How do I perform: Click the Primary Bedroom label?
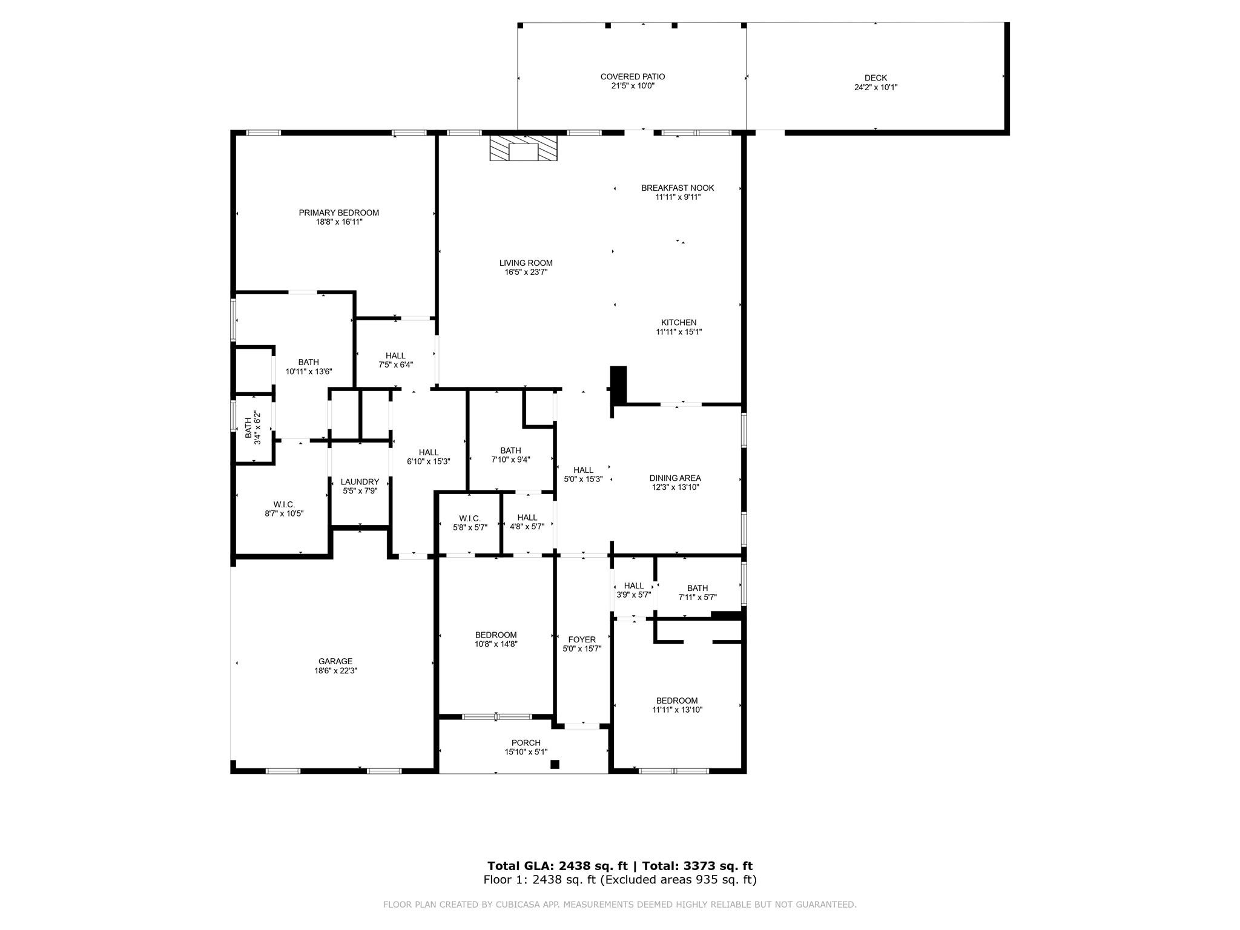tap(338, 213)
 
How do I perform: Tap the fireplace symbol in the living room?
tap(523, 148)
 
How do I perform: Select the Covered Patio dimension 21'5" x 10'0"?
tap(632, 86)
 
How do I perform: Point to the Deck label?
tap(875, 77)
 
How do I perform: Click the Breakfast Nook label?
tap(678, 188)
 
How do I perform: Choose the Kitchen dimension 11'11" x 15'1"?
tap(678, 332)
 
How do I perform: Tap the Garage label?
tap(335, 661)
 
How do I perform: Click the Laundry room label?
tap(360, 482)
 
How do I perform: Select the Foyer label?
tap(582, 639)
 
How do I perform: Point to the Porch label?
tap(526, 743)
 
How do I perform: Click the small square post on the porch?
tap(555, 764)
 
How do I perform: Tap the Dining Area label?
tap(676, 478)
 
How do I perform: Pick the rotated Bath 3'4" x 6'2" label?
tap(252, 428)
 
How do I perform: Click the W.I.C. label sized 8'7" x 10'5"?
tap(284, 504)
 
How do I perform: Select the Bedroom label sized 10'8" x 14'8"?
tap(496, 635)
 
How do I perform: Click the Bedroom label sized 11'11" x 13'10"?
tap(677, 701)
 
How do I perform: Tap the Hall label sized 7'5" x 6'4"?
tap(395, 355)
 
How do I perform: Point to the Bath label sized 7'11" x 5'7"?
tap(697, 588)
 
